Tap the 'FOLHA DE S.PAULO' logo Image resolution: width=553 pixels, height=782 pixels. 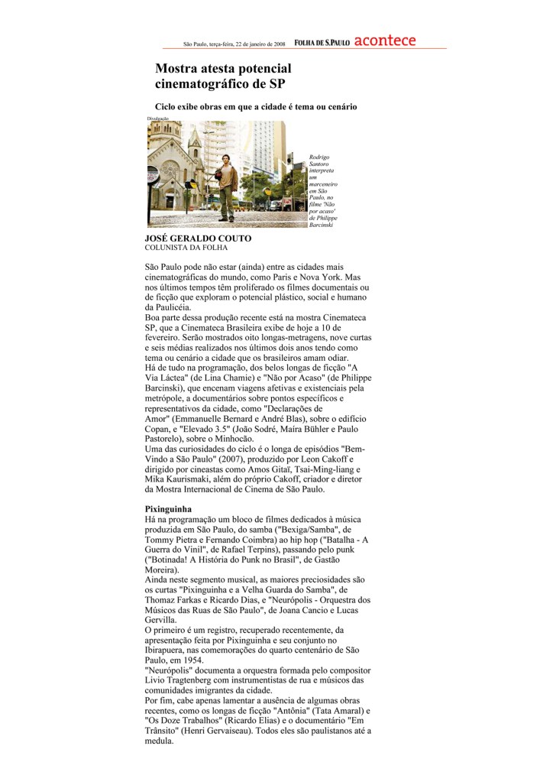322,42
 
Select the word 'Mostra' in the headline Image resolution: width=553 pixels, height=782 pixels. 178,69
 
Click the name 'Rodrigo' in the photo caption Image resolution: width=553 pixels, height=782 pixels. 320,157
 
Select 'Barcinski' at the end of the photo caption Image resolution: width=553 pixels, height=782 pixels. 322,226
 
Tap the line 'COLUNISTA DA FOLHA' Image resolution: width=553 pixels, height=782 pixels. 186,248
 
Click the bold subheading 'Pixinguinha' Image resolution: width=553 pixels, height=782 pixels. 168,508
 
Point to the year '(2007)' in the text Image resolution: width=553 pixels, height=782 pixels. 204,458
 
